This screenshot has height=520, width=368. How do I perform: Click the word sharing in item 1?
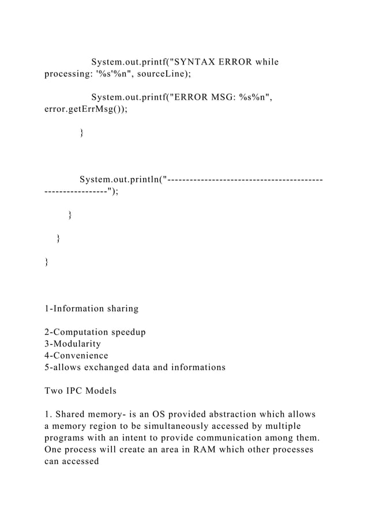[x=119, y=308]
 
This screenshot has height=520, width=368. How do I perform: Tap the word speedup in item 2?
[x=124, y=332]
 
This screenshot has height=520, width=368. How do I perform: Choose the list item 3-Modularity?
[x=73, y=344]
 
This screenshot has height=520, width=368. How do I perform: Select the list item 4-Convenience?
[x=76, y=356]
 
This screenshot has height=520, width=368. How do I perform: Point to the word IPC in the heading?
[x=84, y=391]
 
